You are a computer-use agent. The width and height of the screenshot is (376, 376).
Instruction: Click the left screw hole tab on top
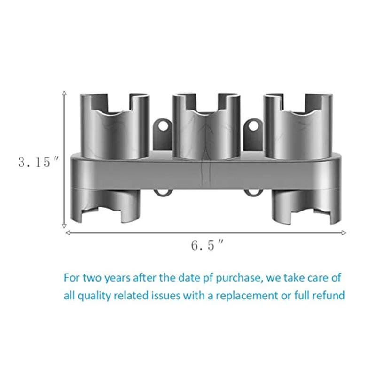tap(163, 126)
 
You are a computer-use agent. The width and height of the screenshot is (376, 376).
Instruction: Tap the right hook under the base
tap(253, 193)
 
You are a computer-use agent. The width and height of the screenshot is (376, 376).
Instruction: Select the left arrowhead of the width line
tap(68, 232)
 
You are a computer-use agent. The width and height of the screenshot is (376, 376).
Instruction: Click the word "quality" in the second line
tap(93, 295)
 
